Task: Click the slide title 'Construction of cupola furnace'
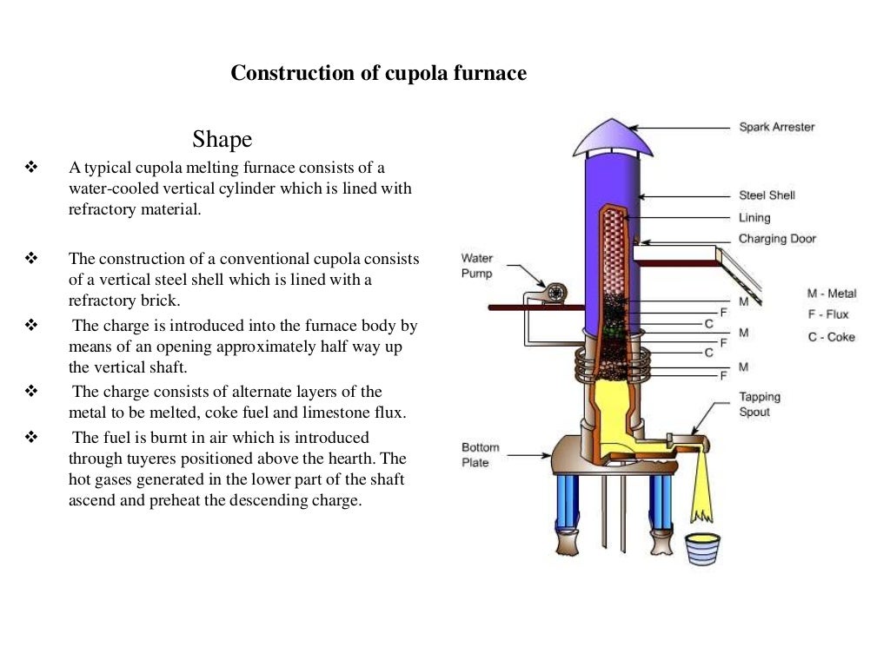tap(378, 74)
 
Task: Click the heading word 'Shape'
tap(222, 139)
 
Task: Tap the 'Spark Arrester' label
tap(776, 127)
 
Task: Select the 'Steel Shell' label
tap(767, 195)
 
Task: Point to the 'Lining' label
tap(754, 217)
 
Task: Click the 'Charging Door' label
tap(777, 239)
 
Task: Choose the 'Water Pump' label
tap(476, 266)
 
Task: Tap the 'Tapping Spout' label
tap(760, 404)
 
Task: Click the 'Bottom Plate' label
tap(480, 454)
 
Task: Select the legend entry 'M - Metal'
tap(831, 294)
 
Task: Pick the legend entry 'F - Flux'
tap(827, 314)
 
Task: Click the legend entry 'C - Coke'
tap(831, 337)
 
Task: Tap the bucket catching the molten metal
tap(702, 549)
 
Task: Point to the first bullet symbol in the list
tap(33, 167)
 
